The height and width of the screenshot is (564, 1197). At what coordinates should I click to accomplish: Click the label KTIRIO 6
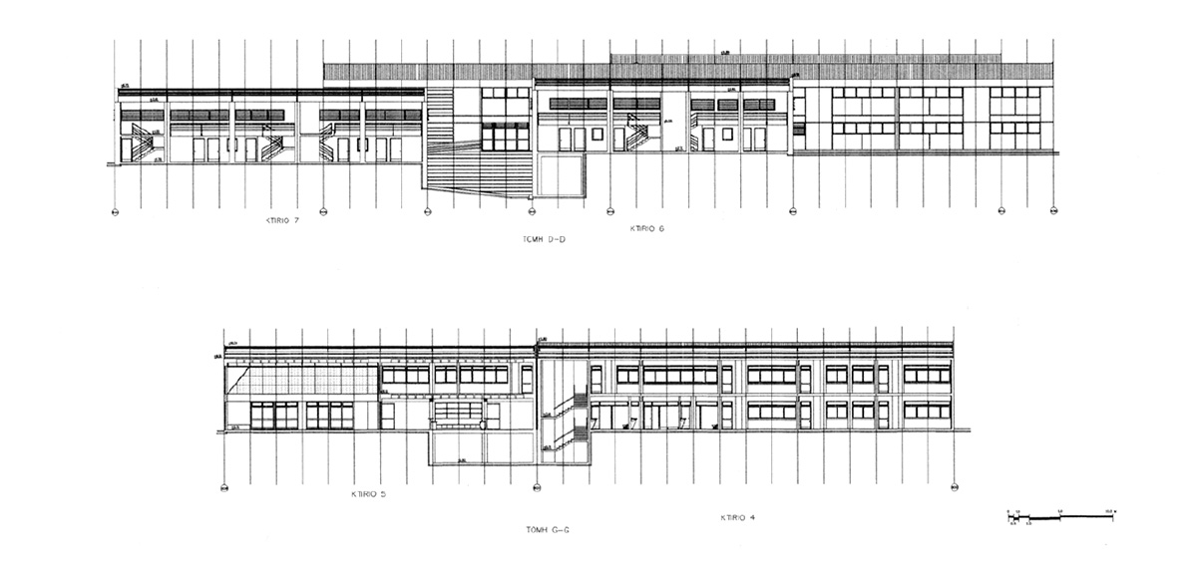(647, 229)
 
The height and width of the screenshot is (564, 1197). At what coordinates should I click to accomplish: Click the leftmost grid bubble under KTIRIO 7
(115, 211)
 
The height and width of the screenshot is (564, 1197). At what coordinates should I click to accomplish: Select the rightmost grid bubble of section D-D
(1053, 211)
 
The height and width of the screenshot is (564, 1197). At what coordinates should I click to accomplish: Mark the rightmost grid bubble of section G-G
(955, 487)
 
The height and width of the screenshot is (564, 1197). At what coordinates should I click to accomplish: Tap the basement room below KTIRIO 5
(483, 448)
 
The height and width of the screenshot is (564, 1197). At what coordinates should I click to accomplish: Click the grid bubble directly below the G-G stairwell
(538, 487)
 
